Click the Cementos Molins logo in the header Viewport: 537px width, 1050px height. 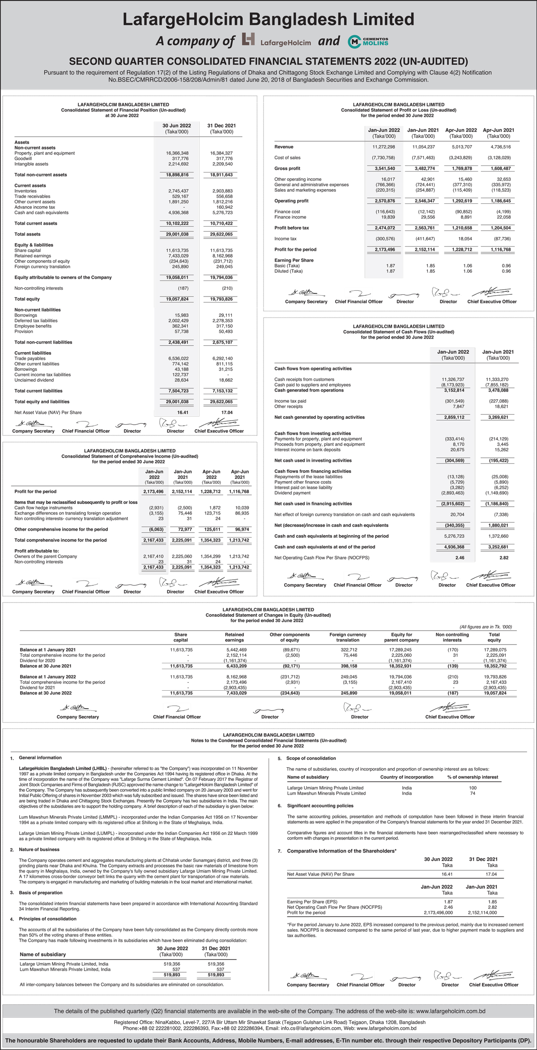click(x=368, y=42)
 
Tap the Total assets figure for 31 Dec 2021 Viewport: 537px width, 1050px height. click(x=221, y=234)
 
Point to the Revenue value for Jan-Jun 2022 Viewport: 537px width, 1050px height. click(x=384, y=147)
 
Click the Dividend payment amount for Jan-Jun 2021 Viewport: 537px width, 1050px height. click(x=496, y=493)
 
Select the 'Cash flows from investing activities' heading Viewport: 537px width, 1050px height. click(x=312, y=434)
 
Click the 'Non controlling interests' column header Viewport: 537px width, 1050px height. click(x=452, y=637)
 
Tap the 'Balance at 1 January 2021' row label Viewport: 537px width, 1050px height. click(x=48, y=650)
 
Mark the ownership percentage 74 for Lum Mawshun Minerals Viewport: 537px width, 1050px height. click(x=473, y=793)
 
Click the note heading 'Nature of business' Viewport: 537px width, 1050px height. click(x=39, y=849)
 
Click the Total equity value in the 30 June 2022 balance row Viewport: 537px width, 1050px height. click(x=494, y=693)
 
